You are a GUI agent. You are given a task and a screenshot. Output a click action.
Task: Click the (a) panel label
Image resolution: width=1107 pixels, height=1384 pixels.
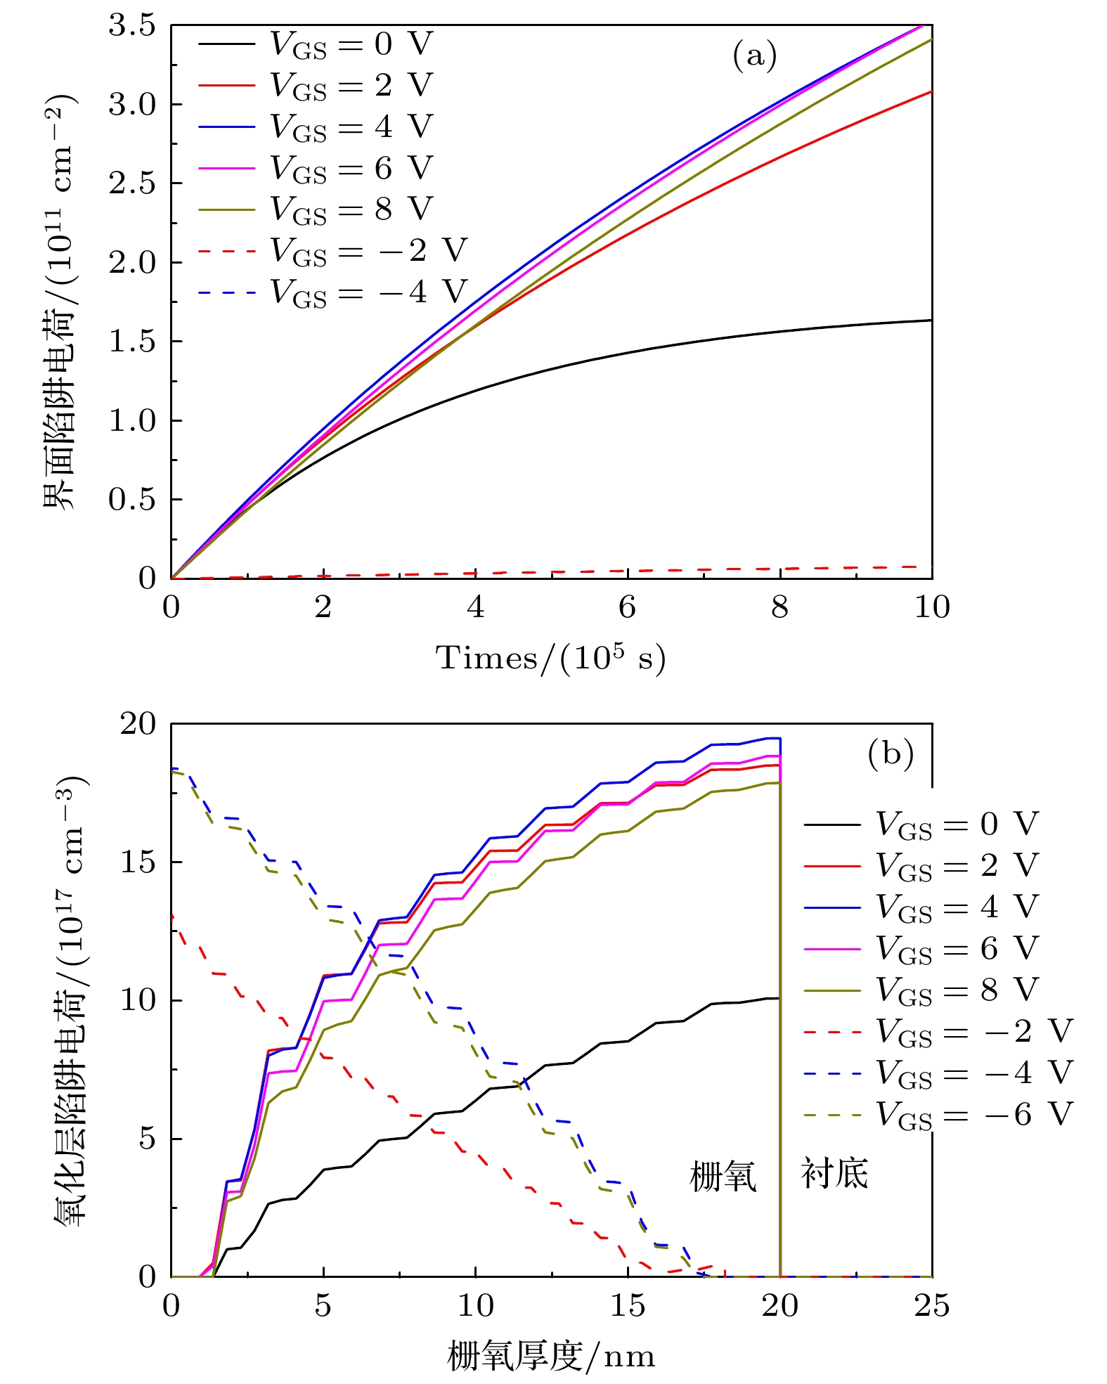(754, 56)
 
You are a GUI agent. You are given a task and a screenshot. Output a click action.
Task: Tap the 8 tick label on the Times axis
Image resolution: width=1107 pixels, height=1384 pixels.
(779, 607)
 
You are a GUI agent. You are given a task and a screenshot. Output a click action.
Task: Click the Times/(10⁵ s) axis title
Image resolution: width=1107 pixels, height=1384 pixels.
(551, 658)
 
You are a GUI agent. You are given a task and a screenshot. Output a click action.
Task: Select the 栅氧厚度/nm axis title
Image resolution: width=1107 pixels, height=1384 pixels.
(551, 1356)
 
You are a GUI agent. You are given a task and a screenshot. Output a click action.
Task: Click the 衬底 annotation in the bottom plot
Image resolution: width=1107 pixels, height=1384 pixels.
(834, 1173)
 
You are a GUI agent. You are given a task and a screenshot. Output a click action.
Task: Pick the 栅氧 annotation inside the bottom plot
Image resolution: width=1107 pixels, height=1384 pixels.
(723, 1175)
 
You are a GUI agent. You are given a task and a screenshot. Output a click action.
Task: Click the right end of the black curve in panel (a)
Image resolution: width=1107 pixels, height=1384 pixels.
(931, 321)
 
